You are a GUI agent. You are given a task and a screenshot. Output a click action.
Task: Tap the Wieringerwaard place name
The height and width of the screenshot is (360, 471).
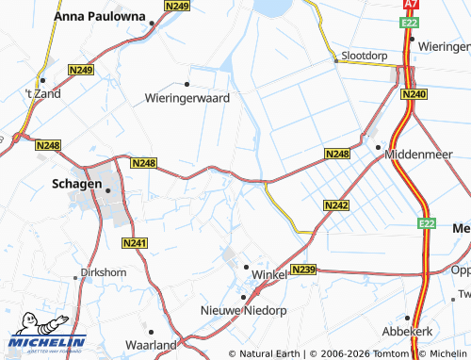click(x=187, y=97)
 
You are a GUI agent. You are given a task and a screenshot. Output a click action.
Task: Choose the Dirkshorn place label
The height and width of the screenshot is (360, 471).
click(x=103, y=272)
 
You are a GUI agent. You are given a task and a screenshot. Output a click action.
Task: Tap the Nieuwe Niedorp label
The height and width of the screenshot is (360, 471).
click(x=242, y=310)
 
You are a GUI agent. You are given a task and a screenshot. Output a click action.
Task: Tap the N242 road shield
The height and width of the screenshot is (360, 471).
click(x=336, y=205)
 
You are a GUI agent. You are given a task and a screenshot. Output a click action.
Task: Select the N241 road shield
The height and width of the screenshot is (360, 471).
click(x=136, y=243)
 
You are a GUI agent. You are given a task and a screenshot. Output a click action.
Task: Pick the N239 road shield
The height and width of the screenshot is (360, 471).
click(x=303, y=270)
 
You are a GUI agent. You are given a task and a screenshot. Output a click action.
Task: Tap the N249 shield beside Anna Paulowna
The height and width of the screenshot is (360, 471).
click(x=175, y=6)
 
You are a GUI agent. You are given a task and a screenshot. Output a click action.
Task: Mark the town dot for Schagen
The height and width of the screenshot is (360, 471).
click(x=108, y=190)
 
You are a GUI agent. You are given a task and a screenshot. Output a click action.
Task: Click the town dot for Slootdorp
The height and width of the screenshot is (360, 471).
click(x=336, y=61)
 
